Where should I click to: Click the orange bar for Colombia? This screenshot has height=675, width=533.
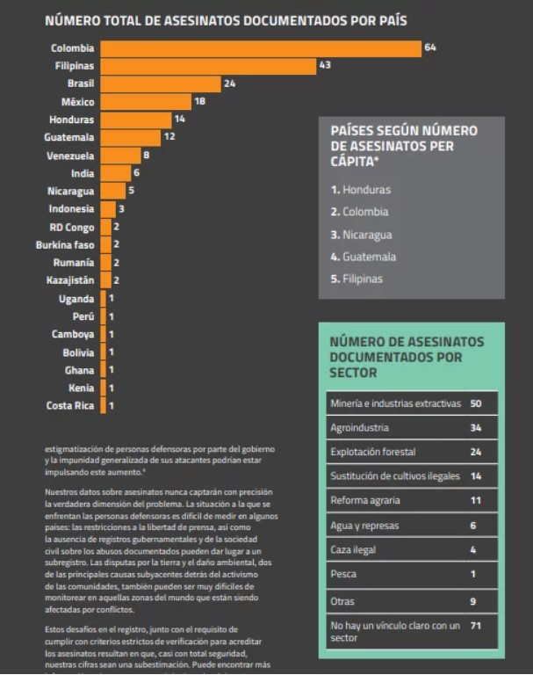[261, 48]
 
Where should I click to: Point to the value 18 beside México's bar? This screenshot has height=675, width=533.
[199, 102]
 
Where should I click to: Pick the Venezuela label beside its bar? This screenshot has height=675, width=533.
[70, 156]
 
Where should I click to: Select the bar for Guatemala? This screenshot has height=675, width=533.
[131, 137]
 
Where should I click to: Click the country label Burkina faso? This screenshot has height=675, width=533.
[65, 245]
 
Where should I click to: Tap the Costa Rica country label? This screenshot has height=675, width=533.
[70, 406]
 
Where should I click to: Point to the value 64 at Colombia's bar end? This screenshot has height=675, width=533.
[430, 47]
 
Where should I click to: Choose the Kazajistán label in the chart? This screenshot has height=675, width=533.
[70, 281]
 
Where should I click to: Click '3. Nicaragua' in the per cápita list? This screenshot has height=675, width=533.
[361, 235]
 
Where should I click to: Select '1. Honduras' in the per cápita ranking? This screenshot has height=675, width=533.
[360, 189]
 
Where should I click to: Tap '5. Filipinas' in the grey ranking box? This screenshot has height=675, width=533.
[357, 279]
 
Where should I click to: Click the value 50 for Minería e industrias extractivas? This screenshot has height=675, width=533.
[477, 403]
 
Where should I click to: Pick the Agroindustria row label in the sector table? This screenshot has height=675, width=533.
[360, 428]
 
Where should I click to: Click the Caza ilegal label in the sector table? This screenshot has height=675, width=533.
[353, 550]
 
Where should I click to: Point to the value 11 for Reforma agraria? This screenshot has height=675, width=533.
[477, 501]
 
